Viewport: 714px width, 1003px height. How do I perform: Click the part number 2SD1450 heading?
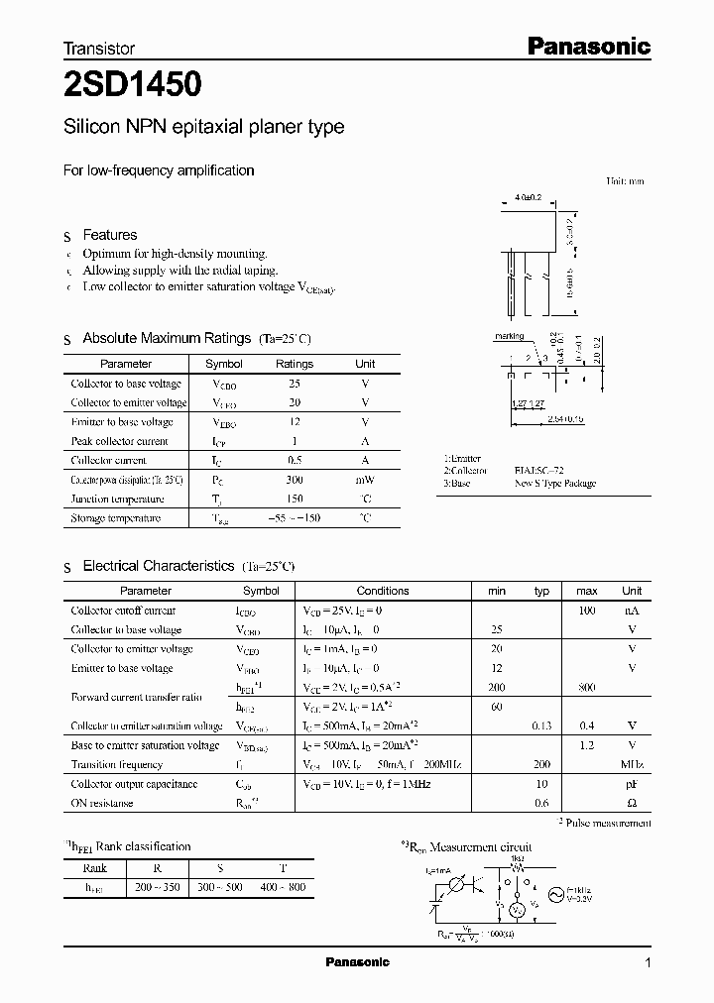coord(134,85)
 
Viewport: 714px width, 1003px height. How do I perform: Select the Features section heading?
coord(109,235)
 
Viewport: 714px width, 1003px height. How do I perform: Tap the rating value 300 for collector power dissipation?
coord(294,480)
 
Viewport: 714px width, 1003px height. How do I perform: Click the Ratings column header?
coord(294,364)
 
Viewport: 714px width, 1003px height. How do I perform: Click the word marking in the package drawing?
coord(509,336)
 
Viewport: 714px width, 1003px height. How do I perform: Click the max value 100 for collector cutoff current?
coord(586,611)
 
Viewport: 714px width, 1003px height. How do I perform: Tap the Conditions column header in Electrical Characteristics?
coord(383,591)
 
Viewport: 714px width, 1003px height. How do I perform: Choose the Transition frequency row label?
coord(117,764)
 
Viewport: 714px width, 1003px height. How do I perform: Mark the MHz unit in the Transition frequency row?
coord(632,764)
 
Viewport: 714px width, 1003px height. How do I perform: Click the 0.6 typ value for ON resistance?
coord(541,803)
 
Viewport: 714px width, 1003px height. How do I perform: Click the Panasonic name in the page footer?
coord(358,962)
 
